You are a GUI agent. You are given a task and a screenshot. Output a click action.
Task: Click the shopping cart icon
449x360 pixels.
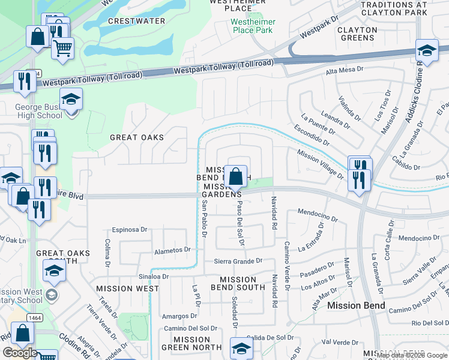[62, 48]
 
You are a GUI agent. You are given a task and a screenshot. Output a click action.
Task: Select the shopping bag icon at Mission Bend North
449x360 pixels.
[237, 177]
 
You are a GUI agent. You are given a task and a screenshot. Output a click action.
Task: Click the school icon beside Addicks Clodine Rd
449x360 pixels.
[426, 52]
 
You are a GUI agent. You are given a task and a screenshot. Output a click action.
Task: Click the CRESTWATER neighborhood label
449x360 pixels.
[136, 21]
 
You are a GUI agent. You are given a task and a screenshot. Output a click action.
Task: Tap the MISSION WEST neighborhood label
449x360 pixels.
[127, 289]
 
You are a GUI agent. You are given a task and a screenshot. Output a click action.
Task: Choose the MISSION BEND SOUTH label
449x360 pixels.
[238, 283]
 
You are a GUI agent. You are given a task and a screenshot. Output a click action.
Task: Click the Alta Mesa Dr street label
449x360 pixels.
[345, 70]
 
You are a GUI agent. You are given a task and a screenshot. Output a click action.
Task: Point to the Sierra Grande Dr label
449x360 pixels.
[239, 261]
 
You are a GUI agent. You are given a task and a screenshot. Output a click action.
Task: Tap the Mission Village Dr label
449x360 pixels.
[320, 164]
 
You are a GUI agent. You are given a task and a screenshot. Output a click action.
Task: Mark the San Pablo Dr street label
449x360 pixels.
[204, 220]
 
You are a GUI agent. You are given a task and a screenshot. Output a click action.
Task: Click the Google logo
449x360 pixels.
[20, 353]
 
